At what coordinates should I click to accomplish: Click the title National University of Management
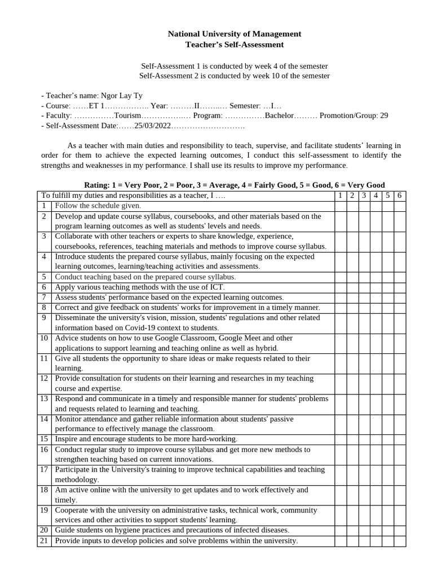click(235, 34)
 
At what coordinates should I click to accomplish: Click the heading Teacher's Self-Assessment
click(235, 45)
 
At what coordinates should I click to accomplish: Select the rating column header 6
click(399, 196)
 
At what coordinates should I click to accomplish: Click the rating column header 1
click(340, 196)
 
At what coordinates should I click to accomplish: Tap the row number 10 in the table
click(45, 338)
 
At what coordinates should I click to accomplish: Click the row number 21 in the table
click(45, 541)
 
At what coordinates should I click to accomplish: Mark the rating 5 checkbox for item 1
click(387, 206)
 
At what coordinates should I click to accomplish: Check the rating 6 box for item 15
click(399, 438)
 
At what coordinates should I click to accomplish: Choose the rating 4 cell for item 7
click(375, 297)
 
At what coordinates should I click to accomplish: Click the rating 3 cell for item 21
click(364, 541)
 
